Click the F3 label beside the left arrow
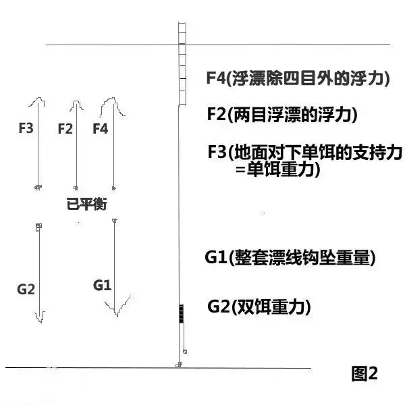[26, 128]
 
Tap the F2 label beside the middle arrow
[65, 129]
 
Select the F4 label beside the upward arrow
[100, 129]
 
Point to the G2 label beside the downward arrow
[26, 289]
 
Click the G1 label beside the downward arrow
[103, 285]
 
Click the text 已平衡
[86, 204]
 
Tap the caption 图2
[364, 373]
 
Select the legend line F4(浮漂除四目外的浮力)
[298, 78]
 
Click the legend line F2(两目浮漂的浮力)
[282, 115]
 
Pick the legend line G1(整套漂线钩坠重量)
[290, 258]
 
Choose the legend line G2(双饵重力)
[259, 306]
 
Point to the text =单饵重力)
[278, 169]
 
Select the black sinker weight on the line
[182, 314]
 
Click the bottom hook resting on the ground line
[179, 364]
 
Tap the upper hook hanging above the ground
[185, 351]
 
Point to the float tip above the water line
[182, 33]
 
